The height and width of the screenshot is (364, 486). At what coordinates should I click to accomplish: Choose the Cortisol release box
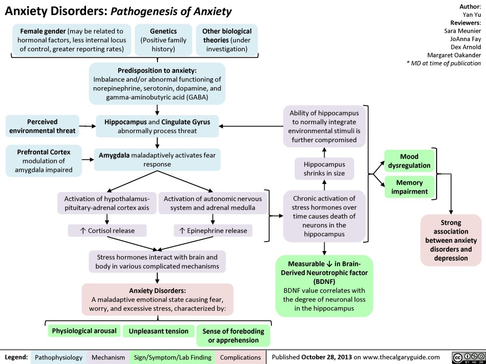(x=107, y=231)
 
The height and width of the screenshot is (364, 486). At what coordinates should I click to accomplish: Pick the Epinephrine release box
(x=213, y=231)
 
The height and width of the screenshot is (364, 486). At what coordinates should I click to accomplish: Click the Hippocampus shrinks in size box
(x=324, y=169)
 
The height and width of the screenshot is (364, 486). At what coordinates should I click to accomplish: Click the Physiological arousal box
(x=84, y=330)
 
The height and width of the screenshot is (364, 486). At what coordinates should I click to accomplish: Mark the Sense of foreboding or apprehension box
(x=233, y=335)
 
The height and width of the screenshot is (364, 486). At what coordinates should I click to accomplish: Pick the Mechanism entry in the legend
(x=109, y=356)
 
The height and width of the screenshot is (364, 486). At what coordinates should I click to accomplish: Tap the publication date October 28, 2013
(x=329, y=356)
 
